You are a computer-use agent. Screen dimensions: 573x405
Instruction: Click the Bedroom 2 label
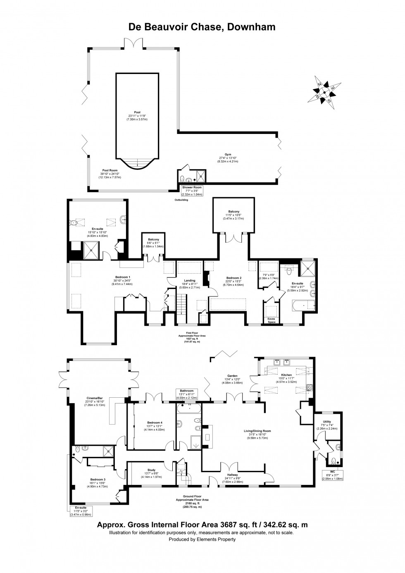pos(233,278)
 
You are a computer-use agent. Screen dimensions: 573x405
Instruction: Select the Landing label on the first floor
pos(189,280)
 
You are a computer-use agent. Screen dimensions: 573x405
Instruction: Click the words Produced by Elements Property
pos(202,539)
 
